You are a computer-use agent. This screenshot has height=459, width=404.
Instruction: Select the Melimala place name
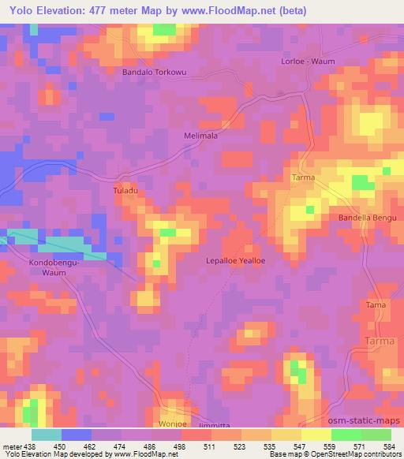click(200, 135)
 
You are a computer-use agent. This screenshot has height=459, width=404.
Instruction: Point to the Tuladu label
click(127, 190)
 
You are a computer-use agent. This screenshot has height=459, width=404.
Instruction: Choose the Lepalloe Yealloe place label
click(235, 260)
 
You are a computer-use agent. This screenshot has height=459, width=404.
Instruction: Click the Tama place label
click(376, 304)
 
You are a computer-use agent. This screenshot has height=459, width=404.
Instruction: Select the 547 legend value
click(299, 446)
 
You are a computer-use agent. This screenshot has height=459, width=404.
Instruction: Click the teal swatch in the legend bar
click(47, 435)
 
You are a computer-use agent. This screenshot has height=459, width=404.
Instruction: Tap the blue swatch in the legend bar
click(77, 435)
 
